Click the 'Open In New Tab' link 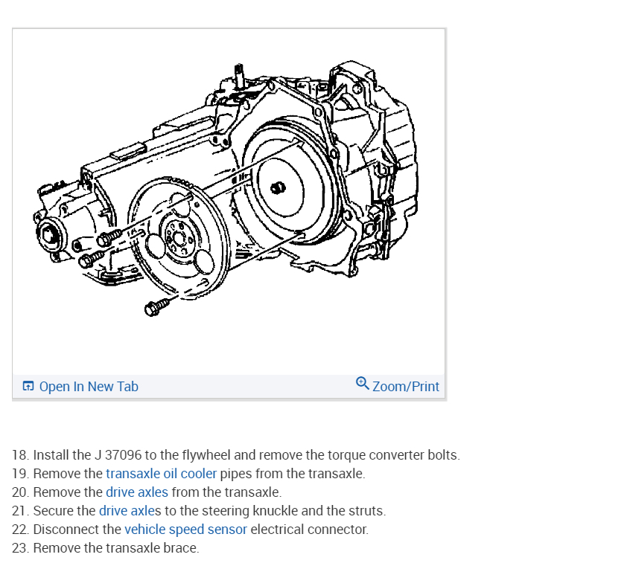88,387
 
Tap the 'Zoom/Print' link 405,387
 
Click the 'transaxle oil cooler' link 161,474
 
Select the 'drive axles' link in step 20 137,492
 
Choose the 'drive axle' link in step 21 126,511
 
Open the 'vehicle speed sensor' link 185,530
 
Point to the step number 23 20,548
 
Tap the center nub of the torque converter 277,187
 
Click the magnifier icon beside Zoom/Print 362,384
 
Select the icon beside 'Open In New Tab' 28,387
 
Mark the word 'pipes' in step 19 236,474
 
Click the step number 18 20,455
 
